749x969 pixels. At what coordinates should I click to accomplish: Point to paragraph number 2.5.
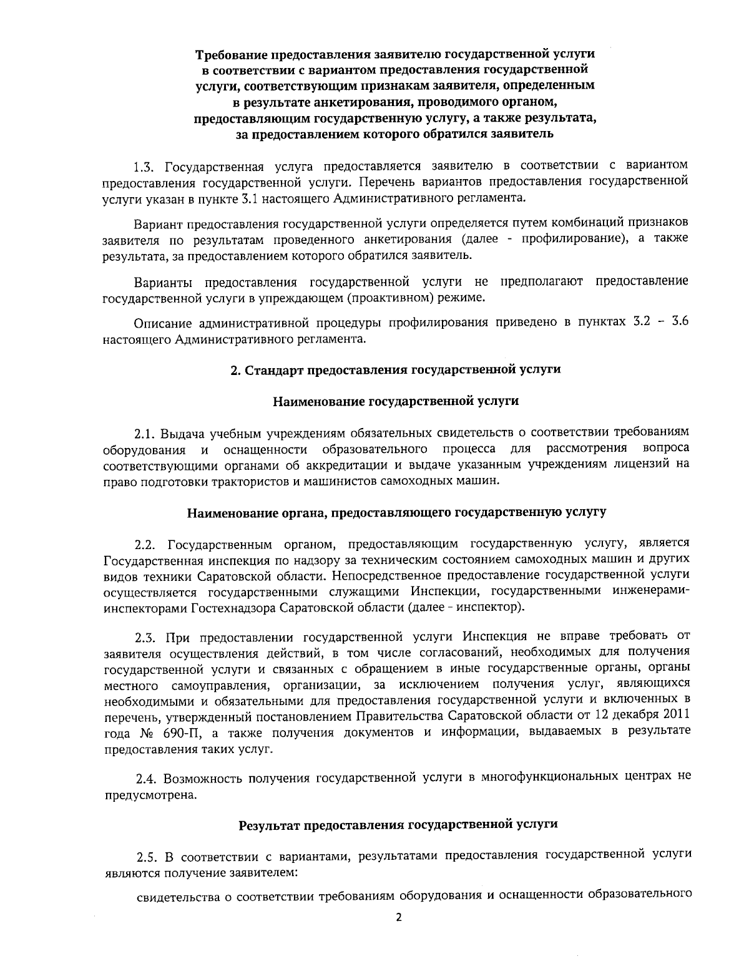[x=149, y=854]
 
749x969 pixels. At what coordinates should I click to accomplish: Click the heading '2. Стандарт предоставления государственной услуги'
[x=395, y=369]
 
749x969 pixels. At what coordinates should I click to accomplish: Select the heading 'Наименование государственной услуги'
[x=396, y=401]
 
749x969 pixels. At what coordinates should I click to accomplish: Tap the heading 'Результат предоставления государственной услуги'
[x=398, y=824]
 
